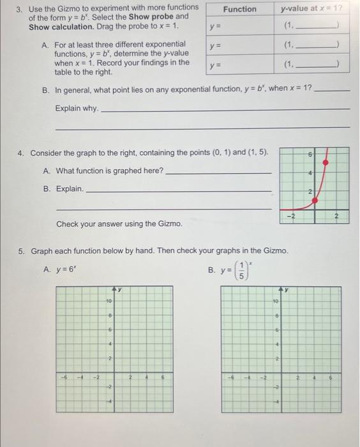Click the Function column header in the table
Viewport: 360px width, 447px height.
coord(240,9)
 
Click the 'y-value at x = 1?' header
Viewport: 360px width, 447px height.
coord(313,9)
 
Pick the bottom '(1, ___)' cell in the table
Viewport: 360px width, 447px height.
coord(313,65)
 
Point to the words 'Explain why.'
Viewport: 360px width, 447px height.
coord(77,109)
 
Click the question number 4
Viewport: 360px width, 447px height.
coord(20,153)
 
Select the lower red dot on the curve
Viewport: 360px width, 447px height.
coord(314,201)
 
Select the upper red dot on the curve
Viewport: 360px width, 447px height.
coord(327,163)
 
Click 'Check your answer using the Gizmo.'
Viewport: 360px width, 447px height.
coord(119,224)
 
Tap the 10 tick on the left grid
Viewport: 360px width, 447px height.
coord(109,299)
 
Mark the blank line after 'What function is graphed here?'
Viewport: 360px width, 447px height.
coord(218,172)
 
